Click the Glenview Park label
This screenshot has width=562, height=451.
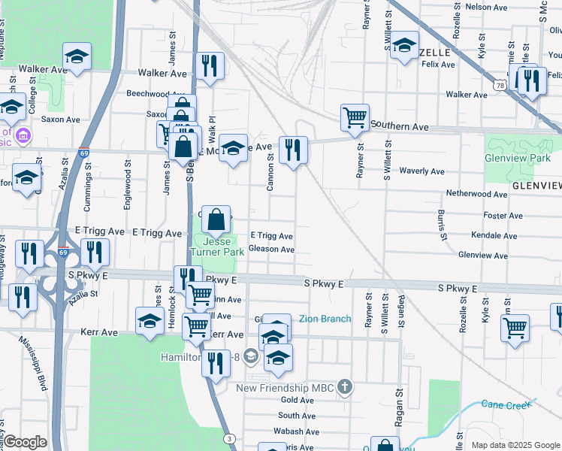click(518, 159)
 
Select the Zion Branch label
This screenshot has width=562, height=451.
click(325, 319)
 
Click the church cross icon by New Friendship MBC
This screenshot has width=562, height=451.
click(344, 387)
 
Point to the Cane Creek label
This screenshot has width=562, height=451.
click(506, 405)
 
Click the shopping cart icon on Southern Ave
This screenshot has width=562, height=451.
click(355, 117)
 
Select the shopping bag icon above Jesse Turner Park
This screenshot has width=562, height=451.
click(216, 219)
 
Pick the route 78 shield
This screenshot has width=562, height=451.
click(499, 87)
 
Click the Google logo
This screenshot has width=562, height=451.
click(25, 442)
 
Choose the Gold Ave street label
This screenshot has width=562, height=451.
click(297, 401)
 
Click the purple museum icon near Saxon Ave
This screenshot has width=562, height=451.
click(23, 135)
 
